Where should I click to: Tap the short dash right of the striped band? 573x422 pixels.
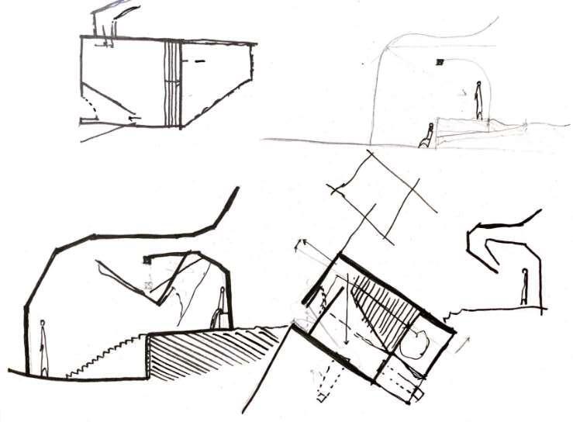[x=199, y=60]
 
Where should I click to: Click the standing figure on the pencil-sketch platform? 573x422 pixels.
[x=479, y=101]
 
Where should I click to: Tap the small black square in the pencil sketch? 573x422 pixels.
[x=440, y=61]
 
